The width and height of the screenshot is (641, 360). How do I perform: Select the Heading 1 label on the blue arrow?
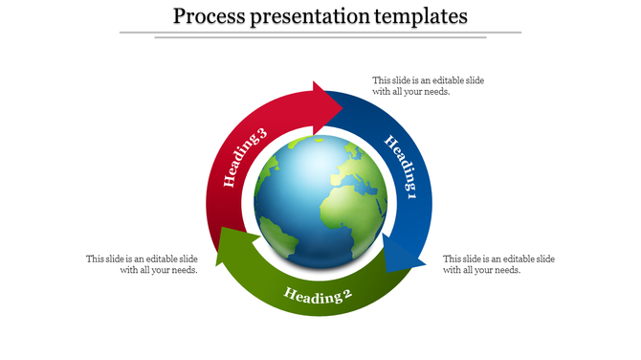[x=401, y=168]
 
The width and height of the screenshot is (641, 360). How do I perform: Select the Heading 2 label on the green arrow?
[x=318, y=295]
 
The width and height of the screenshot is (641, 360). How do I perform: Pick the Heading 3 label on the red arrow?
[x=244, y=158]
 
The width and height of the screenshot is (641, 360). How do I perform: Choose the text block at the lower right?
[x=498, y=264]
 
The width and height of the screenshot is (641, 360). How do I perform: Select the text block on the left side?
[x=142, y=264]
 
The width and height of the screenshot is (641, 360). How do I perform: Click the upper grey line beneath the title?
[x=320, y=33]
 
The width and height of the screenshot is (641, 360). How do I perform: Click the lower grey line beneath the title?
[x=320, y=38]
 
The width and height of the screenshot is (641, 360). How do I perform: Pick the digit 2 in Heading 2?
[x=348, y=294]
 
